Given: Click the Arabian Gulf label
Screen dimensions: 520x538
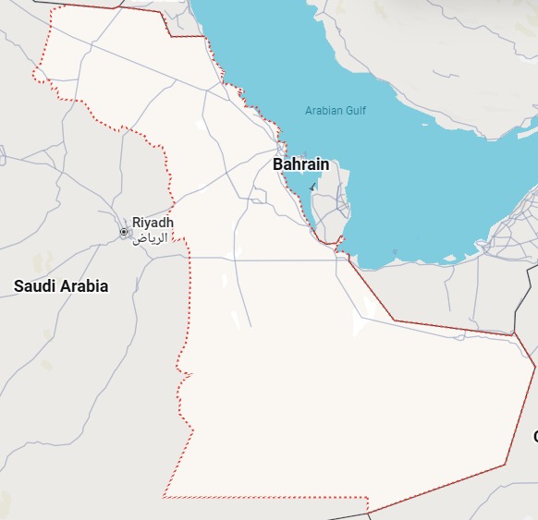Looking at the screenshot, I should [x=336, y=111].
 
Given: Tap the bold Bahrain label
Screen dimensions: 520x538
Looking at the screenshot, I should [x=300, y=164].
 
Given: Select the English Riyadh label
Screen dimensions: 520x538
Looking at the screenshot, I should [x=153, y=223].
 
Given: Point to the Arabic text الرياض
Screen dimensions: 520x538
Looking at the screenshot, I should [x=151, y=237].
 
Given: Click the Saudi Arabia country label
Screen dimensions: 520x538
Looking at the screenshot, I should [x=61, y=286].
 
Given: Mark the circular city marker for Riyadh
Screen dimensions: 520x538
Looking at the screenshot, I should [x=124, y=232].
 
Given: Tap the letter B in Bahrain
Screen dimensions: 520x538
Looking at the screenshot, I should [x=277, y=164].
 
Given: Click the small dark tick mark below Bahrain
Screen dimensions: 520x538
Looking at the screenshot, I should [x=312, y=187].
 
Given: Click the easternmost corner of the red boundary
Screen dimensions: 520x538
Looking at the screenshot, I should [x=535, y=368].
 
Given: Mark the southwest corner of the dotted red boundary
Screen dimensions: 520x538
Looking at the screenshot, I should [x=164, y=497].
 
